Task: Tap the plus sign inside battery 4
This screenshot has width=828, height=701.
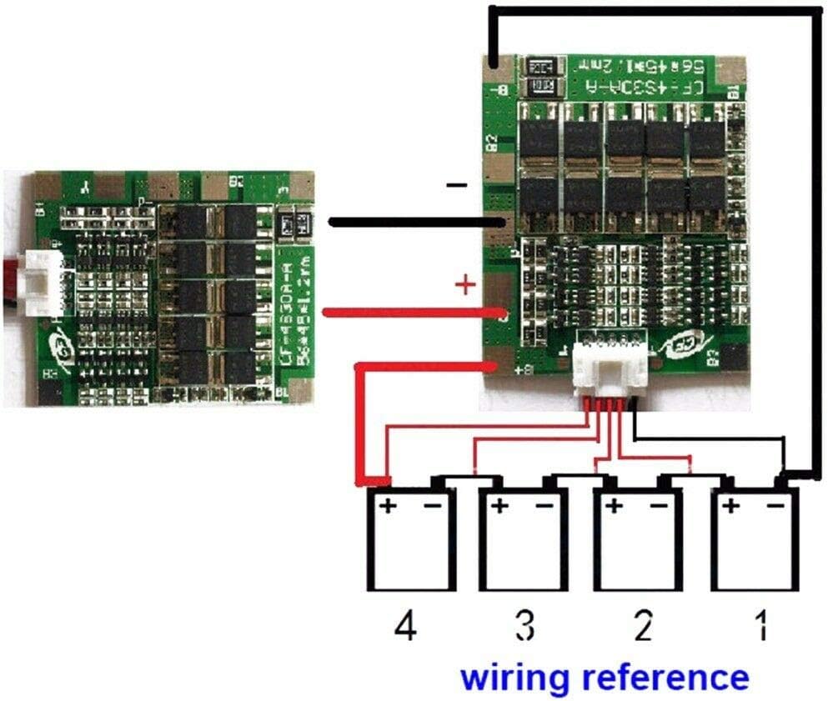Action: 388,506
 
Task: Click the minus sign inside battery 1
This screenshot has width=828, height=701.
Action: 775,505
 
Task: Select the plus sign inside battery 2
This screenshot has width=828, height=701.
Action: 615,506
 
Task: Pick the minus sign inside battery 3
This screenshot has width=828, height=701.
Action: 543,506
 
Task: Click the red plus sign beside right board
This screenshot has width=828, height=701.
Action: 464,287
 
